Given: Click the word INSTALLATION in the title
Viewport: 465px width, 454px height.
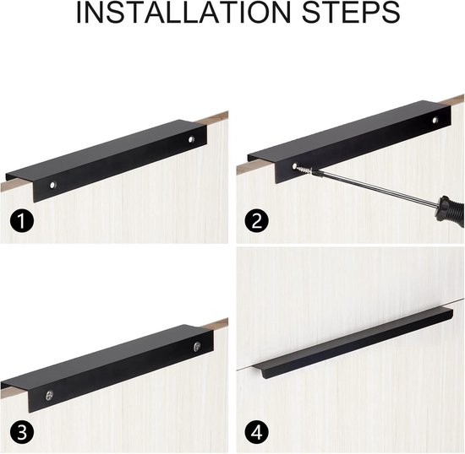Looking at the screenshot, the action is tap(183, 12).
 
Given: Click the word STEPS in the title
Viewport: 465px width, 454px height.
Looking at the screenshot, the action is tap(351, 12).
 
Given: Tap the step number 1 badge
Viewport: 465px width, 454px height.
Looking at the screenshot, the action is tap(22, 221).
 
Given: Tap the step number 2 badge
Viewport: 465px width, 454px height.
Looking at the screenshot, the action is tap(257, 221).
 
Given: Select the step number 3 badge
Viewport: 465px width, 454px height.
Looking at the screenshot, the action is tap(22, 432).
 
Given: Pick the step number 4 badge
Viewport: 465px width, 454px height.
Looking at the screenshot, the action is tap(257, 432).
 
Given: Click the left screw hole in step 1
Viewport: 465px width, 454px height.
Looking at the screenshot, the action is tap(52, 186).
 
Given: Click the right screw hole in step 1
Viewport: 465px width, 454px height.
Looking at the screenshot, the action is tap(192, 138).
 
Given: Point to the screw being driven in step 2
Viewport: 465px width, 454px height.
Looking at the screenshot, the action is tap(303, 170).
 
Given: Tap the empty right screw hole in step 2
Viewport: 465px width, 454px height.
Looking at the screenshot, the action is tap(435, 120).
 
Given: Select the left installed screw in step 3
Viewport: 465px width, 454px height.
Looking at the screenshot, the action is tap(49, 396).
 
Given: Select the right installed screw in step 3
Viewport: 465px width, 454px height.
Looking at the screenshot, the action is tap(197, 347).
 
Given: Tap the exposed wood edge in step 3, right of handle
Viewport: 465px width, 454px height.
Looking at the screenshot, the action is tap(216, 323).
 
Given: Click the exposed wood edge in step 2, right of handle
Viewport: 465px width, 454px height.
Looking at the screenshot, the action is tap(453, 100).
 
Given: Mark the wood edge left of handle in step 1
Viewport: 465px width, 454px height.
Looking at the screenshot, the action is tap(16, 185).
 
